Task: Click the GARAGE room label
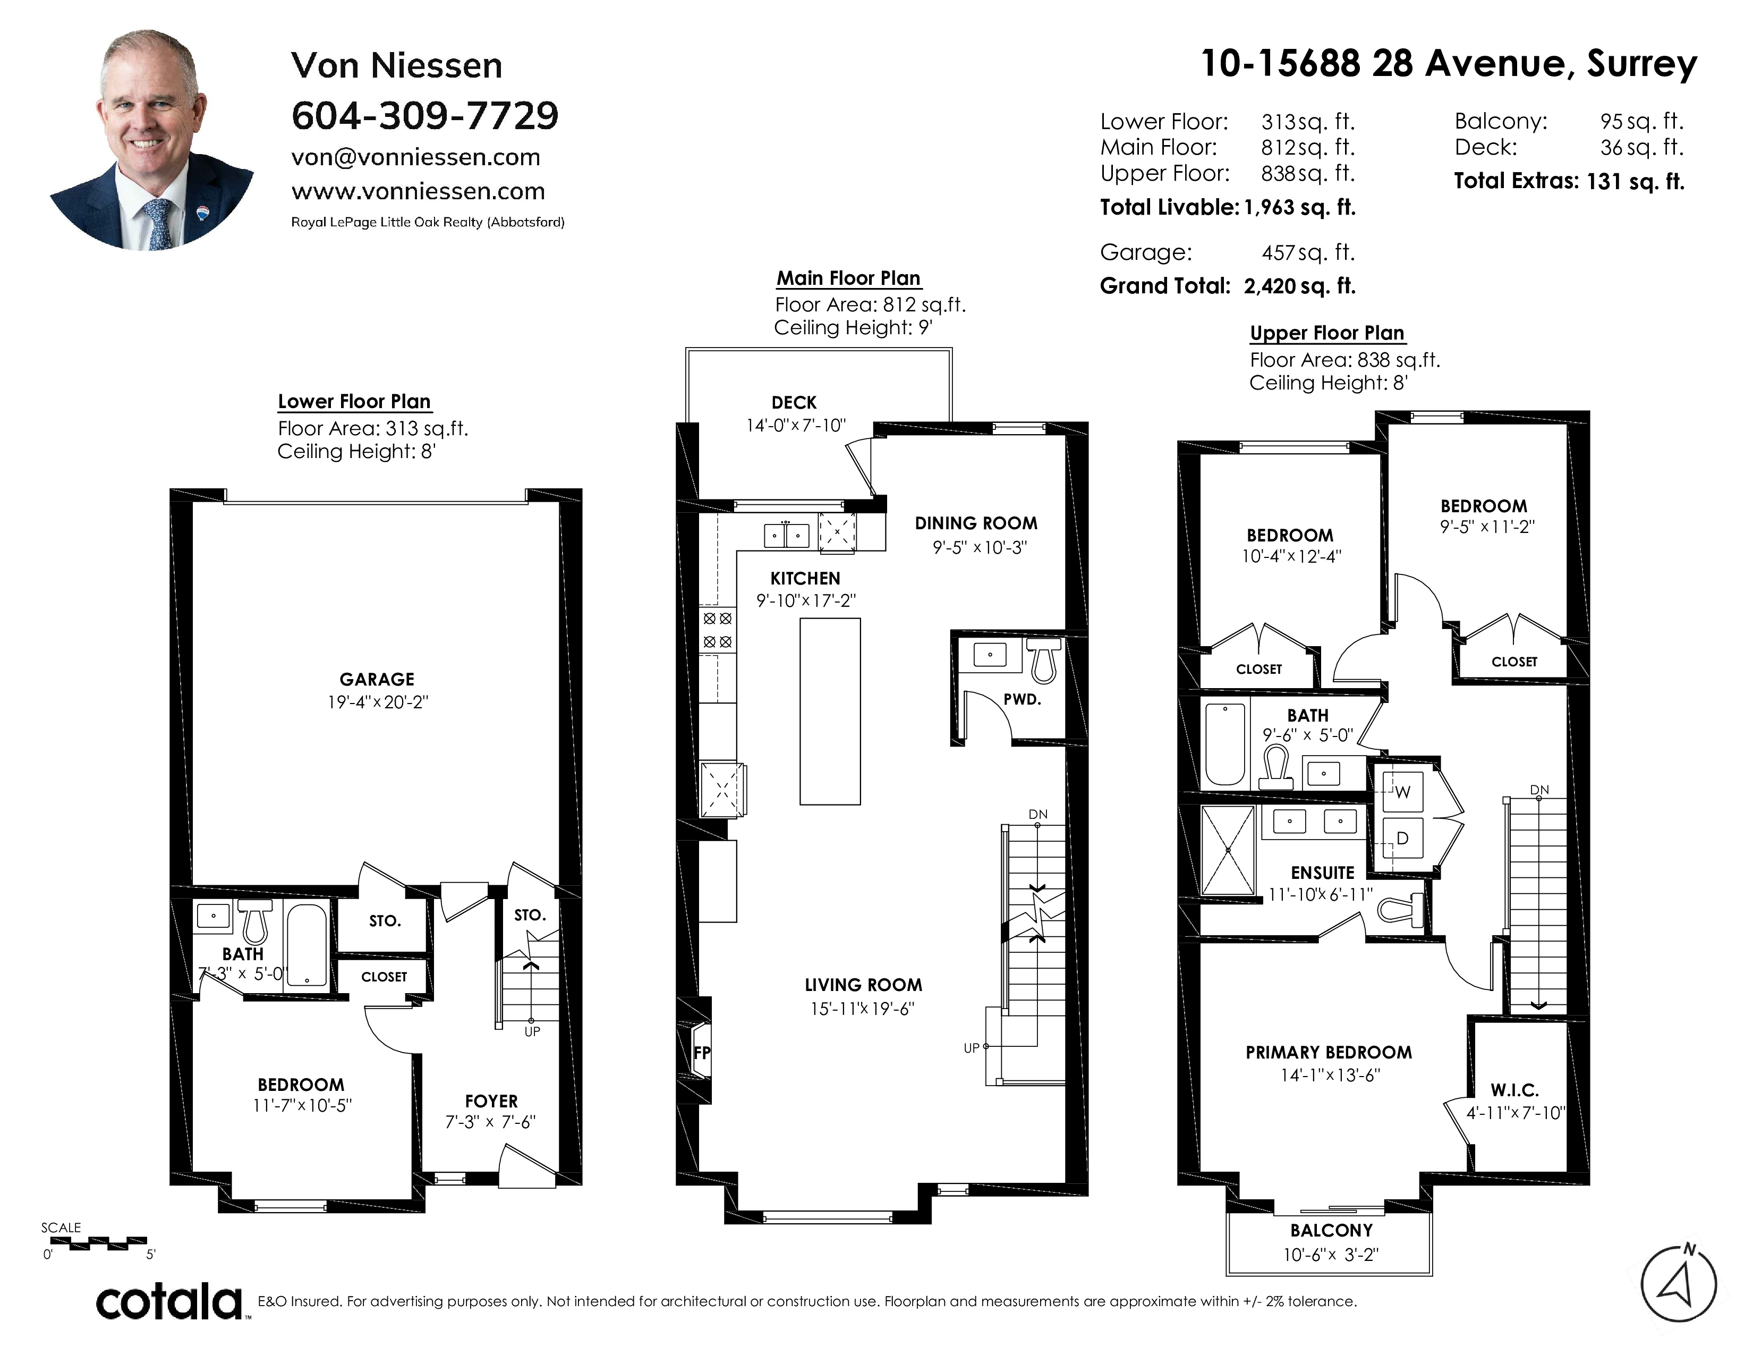click(377, 679)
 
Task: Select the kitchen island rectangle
click(830, 711)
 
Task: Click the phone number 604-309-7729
click(424, 116)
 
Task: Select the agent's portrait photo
click(152, 140)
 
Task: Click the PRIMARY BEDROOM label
click(1329, 1052)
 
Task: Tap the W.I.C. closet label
click(1514, 1090)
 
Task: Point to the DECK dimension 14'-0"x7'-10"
click(795, 426)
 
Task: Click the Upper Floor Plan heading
click(1327, 333)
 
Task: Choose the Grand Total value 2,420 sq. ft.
click(1299, 286)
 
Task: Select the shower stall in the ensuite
click(1227, 850)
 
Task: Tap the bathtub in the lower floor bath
click(307, 945)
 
